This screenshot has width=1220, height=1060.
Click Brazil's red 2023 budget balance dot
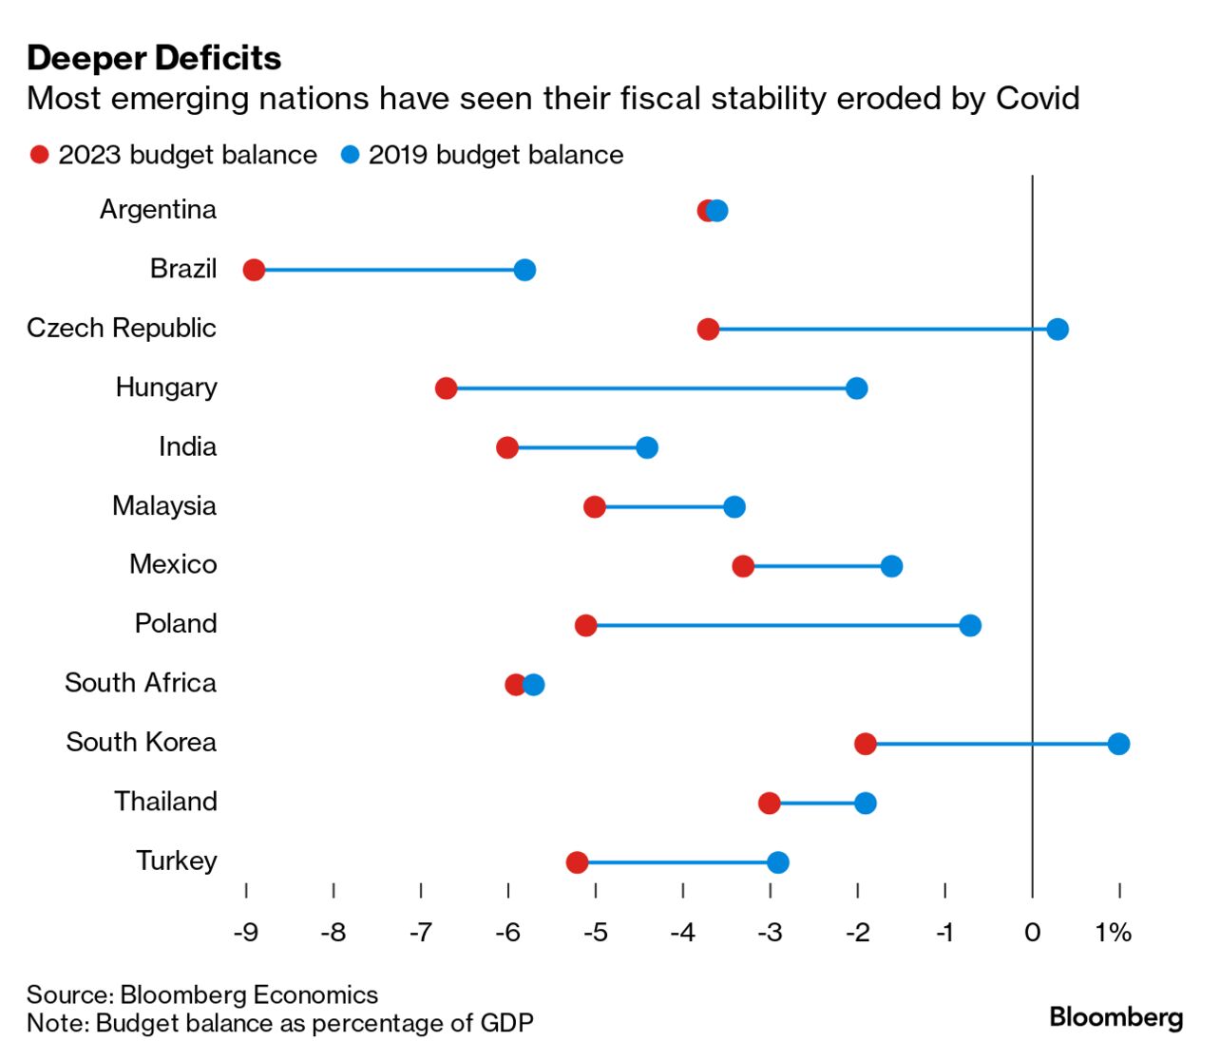pyautogui.click(x=254, y=271)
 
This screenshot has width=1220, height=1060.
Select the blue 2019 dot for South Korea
pyautogui.click(x=1118, y=744)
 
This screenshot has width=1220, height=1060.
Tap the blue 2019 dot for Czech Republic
pyautogui.click(x=1057, y=330)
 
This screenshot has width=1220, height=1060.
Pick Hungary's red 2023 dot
pyautogui.click(x=446, y=388)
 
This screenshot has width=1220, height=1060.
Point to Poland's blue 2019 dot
pyautogui.click(x=969, y=625)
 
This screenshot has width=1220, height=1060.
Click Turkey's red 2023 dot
pyautogui.click(x=577, y=862)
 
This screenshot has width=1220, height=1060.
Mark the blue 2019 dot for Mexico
pyautogui.click(x=891, y=566)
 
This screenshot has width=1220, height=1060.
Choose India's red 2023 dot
pyautogui.click(x=507, y=447)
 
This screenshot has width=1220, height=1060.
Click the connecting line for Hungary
pyautogui.click(x=651, y=388)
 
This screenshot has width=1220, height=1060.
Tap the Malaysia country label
pyautogui.click(x=164, y=506)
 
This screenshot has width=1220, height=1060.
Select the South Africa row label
pyautogui.click(x=141, y=683)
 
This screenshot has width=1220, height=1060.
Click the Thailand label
pyautogui.click(x=166, y=802)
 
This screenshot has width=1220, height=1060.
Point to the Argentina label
pyautogui.click(x=159, y=210)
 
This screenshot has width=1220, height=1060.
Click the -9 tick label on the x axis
pyautogui.click(x=246, y=933)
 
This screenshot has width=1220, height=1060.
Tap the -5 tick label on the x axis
pyautogui.click(x=595, y=933)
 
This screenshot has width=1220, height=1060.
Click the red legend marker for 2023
pyautogui.click(x=39, y=155)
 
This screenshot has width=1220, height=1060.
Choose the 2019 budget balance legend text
pyautogui.click(x=496, y=155)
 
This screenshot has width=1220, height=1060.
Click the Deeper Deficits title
pyautogui.click(x=154, y=58)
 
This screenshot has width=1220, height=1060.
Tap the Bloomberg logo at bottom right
pyautogui.click(x=1115, y=1017)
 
